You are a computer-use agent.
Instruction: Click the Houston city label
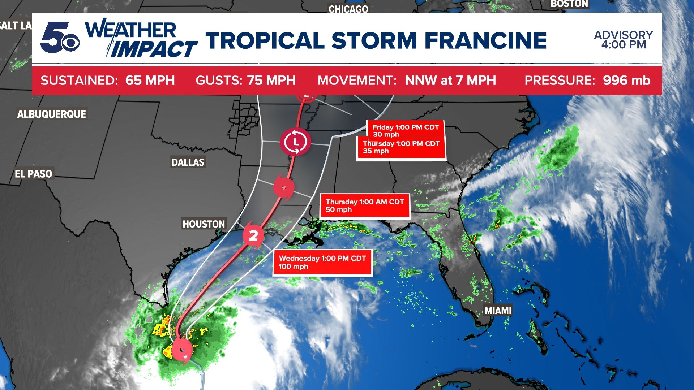[204, 224]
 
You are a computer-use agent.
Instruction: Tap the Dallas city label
[188, 162]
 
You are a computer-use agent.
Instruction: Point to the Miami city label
[498, 311]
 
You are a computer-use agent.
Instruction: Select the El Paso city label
[33, 174]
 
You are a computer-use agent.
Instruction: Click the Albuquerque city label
[52, 114]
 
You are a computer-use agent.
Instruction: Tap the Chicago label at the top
[348, 9]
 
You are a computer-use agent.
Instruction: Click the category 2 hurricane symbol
[253, 235]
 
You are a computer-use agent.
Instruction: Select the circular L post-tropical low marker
[295, 142]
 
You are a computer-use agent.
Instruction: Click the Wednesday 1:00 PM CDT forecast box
[322, 263]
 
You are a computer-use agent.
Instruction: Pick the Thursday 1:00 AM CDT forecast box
[365, 206]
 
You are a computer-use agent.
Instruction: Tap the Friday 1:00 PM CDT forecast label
[405, 127]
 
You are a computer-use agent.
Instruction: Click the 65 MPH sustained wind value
[150, 80]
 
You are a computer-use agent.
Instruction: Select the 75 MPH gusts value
[271, 80]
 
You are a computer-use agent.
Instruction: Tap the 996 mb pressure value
[626, 80]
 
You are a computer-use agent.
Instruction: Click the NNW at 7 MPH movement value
[450, 80]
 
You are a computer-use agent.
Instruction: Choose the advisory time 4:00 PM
[624, 45]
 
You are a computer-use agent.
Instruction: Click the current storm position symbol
[181, 350]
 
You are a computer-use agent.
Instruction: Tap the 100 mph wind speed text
[293, 267]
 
